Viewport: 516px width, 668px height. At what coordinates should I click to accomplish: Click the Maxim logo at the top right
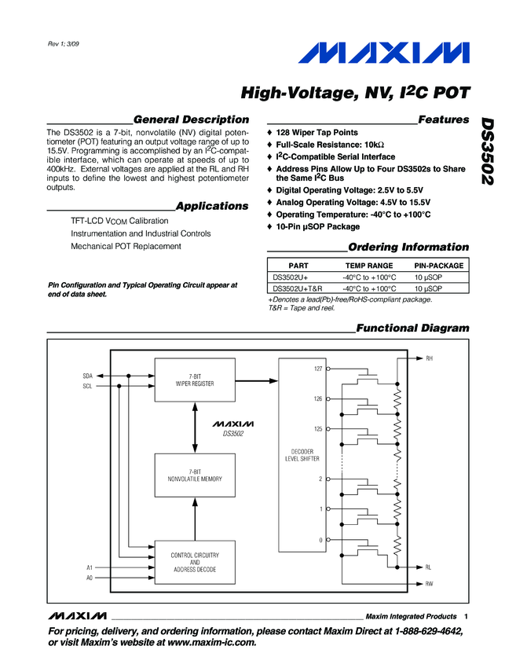click(383, 54)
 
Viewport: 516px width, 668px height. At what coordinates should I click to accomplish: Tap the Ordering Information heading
click(408, 247)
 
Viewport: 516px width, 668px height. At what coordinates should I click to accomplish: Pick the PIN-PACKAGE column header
click(439, 266)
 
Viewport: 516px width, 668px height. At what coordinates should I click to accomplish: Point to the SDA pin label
click(87, 376)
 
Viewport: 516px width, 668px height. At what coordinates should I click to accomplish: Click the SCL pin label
click(87, 386)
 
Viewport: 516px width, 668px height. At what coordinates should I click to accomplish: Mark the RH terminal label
click(429, 358)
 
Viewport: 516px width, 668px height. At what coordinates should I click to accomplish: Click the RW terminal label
click(429, 584)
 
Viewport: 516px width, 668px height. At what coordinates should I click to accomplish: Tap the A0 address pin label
click(89, 578)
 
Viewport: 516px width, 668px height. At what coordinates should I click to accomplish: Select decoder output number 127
click(317, 369)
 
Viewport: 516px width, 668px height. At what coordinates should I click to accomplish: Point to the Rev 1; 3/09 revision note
click(64, 42)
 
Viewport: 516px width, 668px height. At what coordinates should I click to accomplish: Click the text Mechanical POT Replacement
click(126, 246)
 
